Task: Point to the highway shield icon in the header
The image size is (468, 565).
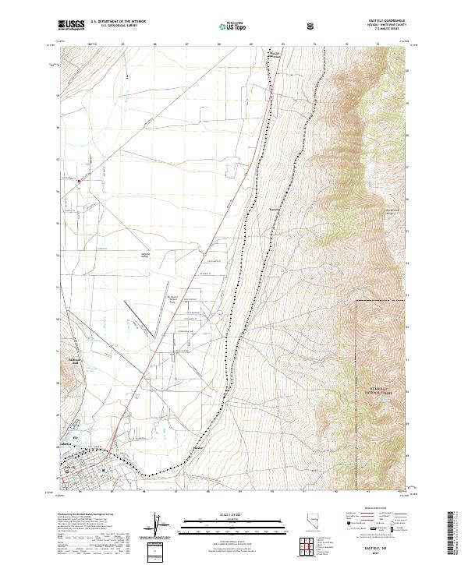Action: [311, 26]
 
